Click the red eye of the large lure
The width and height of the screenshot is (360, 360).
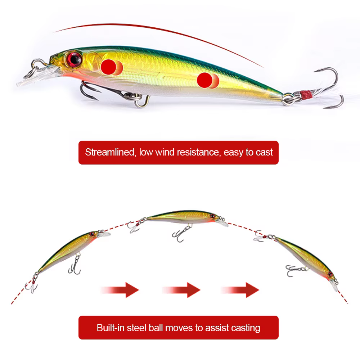pos(74,59)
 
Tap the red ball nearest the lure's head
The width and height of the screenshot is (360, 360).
pos(109,67)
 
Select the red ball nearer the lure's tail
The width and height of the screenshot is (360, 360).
pos(205,80)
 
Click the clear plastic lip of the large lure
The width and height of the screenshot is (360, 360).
pos(37,76)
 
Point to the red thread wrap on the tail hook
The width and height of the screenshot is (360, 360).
pos(306,95)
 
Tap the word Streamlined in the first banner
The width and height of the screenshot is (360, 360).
pos(110,152)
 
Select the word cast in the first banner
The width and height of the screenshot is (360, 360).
pos(264,152)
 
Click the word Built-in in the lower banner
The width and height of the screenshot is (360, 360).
pos(111,328)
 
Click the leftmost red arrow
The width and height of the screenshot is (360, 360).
pos(120,290)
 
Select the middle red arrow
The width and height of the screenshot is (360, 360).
pos(181,290)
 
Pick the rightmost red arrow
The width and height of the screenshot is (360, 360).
pos(240,290)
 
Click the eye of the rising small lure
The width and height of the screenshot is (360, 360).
pos(92,234)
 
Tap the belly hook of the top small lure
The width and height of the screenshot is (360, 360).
pos(181,234)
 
